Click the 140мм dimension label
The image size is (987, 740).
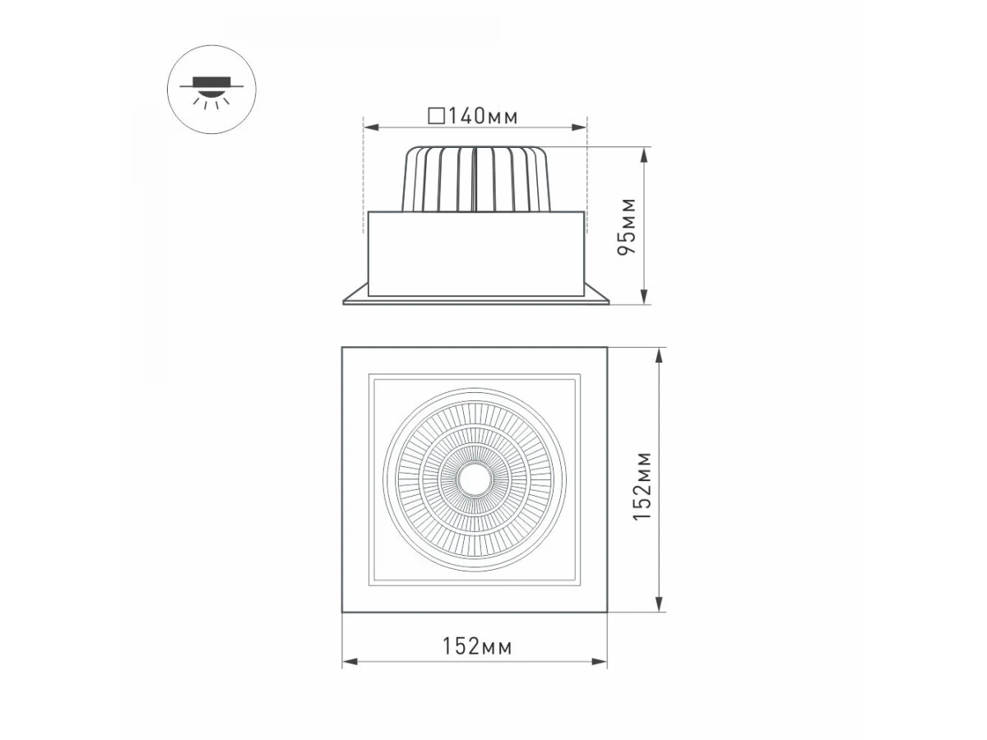(483, 117)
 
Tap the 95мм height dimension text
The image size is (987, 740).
(627, 226)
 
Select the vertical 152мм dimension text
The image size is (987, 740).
(642, 486)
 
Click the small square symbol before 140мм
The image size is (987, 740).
(437, 115)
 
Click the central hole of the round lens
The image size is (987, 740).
(475, 479)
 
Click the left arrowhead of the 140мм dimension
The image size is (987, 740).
(370, 127)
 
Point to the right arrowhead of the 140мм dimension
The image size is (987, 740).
(580, 127)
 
